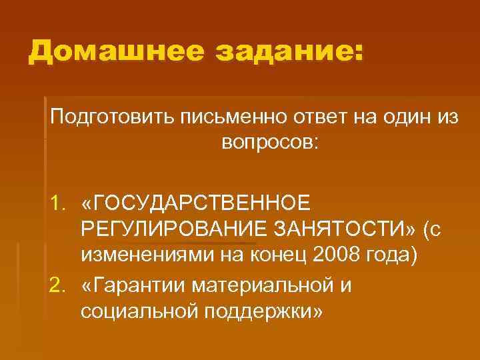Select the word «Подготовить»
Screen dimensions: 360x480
(x=107, y=117)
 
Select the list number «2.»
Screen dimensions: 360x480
(x=60, y=284)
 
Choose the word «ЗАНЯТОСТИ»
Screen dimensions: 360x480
(x=337, y=229)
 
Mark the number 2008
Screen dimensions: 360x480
(x=340, y=257)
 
